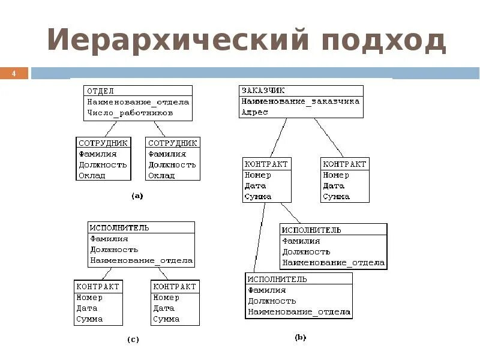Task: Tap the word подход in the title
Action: click(x=383, y=40)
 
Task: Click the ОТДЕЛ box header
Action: click(x=101, y=91)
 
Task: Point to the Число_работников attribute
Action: click(x=130, y=112)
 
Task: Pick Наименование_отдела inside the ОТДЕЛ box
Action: click(x=138, y=101)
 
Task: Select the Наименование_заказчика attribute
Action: click(x=301, y=101)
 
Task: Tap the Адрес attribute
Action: click(x=254, y=112)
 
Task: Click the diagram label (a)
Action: click(x=137, y=196)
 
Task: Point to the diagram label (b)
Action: click(x=300, y=338)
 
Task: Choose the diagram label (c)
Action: click(x=133, y=340)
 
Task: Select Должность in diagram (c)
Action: click(x=114, y=250)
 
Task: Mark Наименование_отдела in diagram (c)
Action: click(x=142, y=260)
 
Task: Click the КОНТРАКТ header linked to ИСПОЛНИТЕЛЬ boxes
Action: click(x=266, y=164)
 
